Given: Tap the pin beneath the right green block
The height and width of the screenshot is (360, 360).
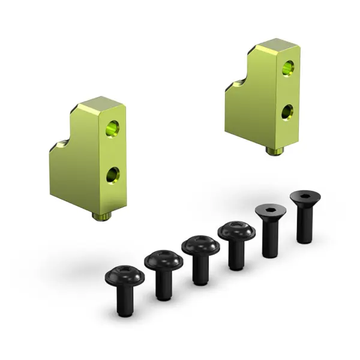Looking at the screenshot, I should [x=275, y=151].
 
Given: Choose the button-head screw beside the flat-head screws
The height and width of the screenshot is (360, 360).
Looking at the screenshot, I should [x=233, y=239].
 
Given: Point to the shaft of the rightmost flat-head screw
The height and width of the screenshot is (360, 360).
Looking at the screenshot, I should [x=304, y=225].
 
